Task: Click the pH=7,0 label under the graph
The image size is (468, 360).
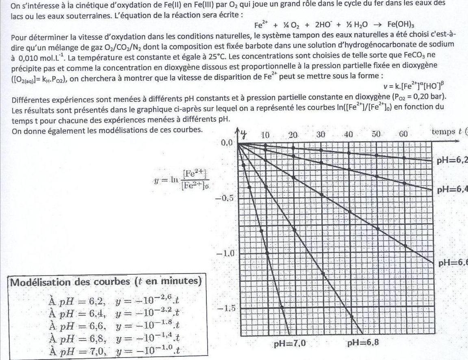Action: click(289, 343)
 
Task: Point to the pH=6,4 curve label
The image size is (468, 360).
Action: click(452, 189)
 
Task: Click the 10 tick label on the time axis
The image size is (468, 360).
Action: click(265, 135)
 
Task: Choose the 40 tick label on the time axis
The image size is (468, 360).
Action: click(348, 135)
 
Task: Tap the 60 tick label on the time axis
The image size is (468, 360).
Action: click(403, 134)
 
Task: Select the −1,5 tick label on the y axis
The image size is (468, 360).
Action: click(225, 308)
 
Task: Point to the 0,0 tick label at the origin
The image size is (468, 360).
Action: click(227, 143)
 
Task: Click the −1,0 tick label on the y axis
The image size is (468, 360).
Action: click(225, 254)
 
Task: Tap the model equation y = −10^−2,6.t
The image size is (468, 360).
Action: click(148, 302)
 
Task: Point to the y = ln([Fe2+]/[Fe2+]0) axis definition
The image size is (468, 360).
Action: click(179, 179)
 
